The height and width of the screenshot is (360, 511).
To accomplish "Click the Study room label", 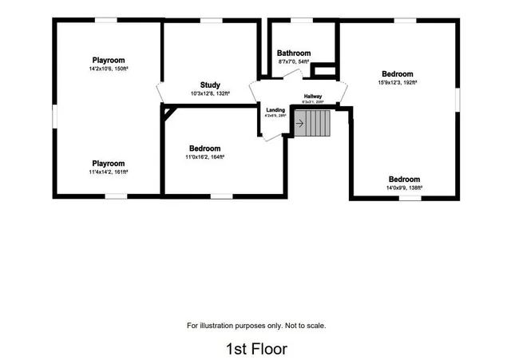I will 211,85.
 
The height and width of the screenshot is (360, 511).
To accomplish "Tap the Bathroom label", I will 294,53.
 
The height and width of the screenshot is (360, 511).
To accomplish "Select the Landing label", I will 275,110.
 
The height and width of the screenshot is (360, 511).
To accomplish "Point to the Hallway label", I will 312,97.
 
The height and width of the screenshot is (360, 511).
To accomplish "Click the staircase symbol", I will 312,123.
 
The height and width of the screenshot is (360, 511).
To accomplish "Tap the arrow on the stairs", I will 299,123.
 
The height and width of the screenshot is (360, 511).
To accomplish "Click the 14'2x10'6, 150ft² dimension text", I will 108,69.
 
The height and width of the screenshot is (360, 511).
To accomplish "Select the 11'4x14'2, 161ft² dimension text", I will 108,172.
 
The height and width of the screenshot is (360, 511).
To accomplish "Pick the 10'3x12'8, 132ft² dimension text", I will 211,93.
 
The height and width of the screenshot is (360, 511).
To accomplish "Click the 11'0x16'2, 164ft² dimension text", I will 205,157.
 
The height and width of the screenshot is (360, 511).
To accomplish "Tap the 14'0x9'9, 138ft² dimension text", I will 404,188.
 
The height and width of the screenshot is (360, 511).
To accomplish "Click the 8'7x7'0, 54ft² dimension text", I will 294,61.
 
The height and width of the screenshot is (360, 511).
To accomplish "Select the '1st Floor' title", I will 255,349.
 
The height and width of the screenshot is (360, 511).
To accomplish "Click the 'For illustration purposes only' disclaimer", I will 256,326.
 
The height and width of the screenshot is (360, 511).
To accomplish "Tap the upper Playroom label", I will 108,60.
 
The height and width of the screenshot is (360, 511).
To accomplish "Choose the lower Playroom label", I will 108,163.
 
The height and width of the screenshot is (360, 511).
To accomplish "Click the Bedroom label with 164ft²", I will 205,148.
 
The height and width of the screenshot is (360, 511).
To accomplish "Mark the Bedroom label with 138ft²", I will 404,179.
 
